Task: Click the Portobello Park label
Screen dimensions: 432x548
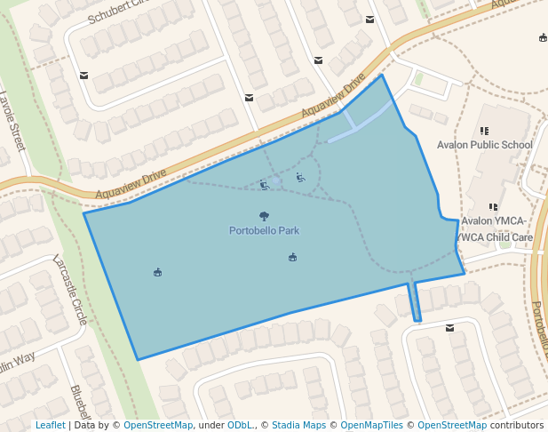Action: (x=264, y=231)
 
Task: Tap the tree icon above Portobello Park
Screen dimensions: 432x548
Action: (x=264, y=216)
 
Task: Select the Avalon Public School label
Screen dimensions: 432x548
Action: (x=485, y=145)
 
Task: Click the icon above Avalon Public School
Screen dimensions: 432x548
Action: (x=484, y=132)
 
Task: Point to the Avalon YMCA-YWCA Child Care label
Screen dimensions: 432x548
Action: (x=494, y=229)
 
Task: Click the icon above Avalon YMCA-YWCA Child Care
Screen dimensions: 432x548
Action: (x=493, y=208)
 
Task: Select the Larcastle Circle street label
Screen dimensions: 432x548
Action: (x=69, y=289)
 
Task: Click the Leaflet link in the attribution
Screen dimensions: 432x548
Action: (x=50, y=426)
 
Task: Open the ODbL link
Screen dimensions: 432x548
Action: (x=239, y=426)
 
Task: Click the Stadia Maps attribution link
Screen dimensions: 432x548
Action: (x=298, y=426)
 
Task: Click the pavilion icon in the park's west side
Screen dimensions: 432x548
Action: (x=157, y=272)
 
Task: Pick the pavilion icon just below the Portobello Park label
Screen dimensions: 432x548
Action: (x=292, y=258)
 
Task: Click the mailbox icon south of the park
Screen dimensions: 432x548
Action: (x=450, y=328)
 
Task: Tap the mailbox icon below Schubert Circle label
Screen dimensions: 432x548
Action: (x=83, y=76)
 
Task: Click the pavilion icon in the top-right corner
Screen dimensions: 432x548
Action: (x=543, y=37)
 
